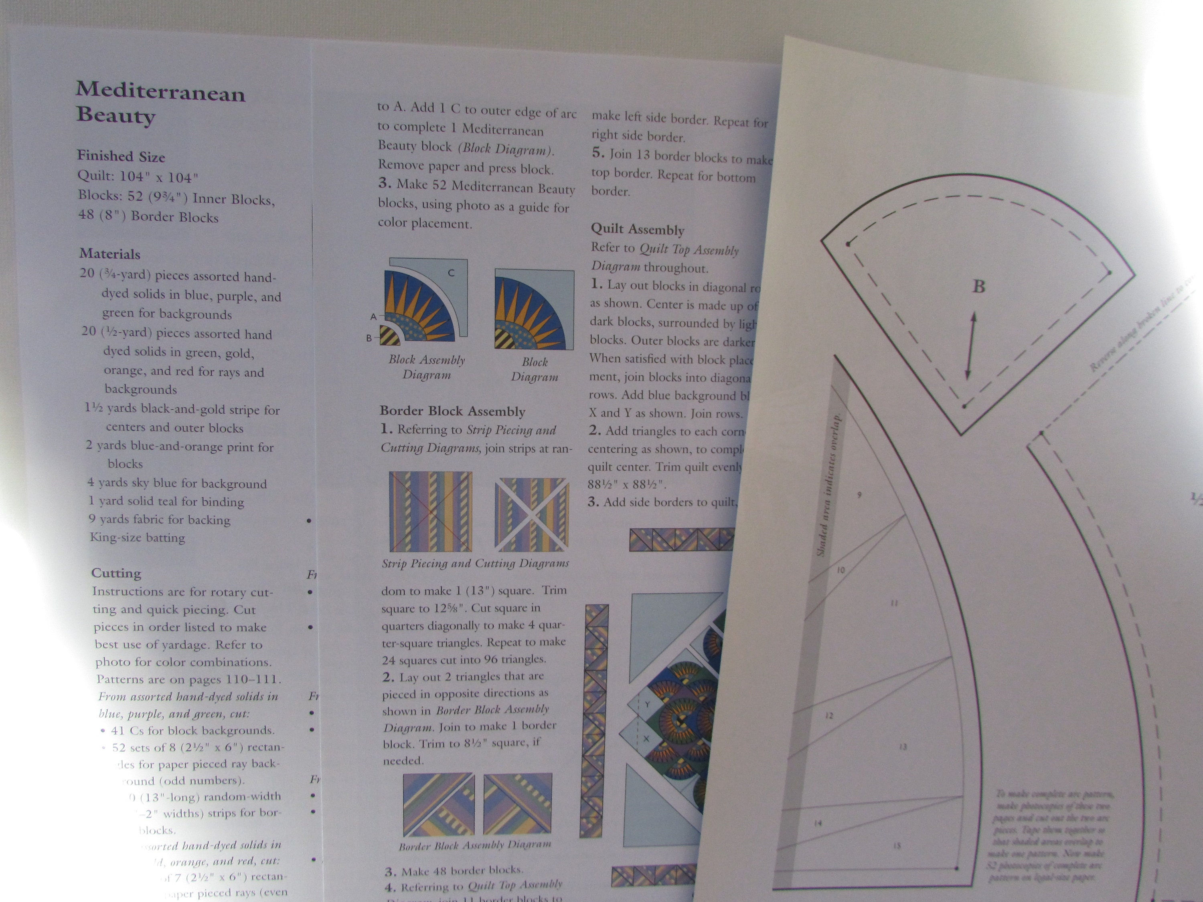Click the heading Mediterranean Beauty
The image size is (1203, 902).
pyautogui.click(x=160, y=103)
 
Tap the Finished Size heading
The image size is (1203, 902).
pyautogui.click(x=121, y=157)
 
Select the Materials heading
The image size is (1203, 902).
pyautogui.click(x=110, y=254)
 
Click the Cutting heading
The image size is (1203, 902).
pyautogui.click(x=116, y=573)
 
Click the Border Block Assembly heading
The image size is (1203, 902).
pyautogui.click(x=452, y=411)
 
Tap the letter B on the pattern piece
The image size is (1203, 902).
pyautogui.click(x=978, y=287)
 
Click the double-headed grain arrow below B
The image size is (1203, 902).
pyautogui.click(x=971, y=346)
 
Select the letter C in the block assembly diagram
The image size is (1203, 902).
pyautogui.click(x=451, y=273)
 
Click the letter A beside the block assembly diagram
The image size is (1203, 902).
pyautogui.click(x=373, y=316)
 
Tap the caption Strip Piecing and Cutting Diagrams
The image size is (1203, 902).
pyautogui.click(x=475, y=564)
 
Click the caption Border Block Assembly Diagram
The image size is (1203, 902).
pyautogui.click(x=475, y=845)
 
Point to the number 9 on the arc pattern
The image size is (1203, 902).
pyautogui.click(x=859, y=495)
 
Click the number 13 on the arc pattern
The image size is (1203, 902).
pyautogui.click(x=903, y=746)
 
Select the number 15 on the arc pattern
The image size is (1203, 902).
pyautogui.click(x=897, y=846)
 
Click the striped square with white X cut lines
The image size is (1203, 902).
pyautogui.click(x=532, y=514)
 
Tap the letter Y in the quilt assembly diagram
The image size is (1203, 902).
pyautogui.click(x=647, y=704)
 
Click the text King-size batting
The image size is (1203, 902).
pyautogui.click(x=138, y=538)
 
